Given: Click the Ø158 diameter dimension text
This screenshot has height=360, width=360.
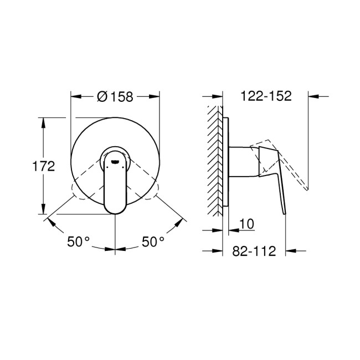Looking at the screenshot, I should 115,96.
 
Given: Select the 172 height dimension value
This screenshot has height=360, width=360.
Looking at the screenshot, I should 44,166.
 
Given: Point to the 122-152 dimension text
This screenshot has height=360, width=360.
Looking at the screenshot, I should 266,96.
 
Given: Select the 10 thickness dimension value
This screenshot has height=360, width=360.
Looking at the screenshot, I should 247,224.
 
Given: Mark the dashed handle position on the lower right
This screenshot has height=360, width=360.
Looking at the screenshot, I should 155,192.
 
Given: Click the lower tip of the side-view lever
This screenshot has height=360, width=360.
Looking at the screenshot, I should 284,213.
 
